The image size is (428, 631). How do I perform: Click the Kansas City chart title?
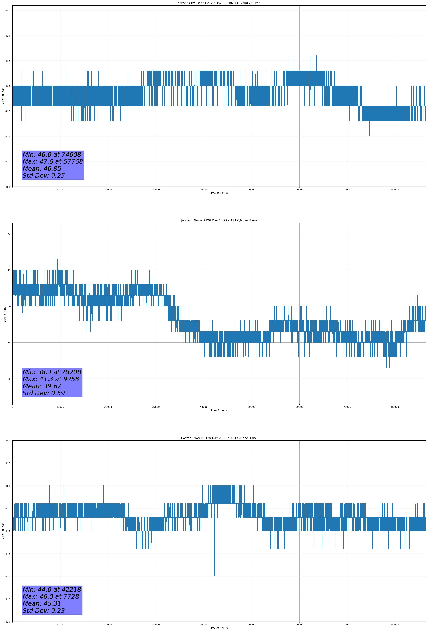[219, 3]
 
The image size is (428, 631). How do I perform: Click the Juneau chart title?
[219, 221]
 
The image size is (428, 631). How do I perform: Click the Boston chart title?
[219, 438]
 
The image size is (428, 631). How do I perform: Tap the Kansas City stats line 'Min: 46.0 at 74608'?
[52, 155]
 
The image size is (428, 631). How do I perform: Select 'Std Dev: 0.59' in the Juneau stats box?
[44, 393]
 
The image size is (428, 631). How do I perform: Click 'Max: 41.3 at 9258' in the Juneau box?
[51, 379]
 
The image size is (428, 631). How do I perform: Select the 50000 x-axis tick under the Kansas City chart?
[251, 190]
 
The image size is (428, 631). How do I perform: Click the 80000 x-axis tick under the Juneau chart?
[395, 407]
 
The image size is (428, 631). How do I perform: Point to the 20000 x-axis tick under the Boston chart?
[108, 624]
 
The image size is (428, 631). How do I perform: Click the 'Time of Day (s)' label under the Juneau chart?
[219, 410]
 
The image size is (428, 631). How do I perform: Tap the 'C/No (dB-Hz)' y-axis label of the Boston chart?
[3, 531]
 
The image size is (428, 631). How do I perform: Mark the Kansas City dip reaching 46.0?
[369, 135]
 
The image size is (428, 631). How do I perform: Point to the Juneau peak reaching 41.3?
[57, 260]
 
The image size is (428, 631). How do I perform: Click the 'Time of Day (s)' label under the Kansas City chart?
[219, 193]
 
